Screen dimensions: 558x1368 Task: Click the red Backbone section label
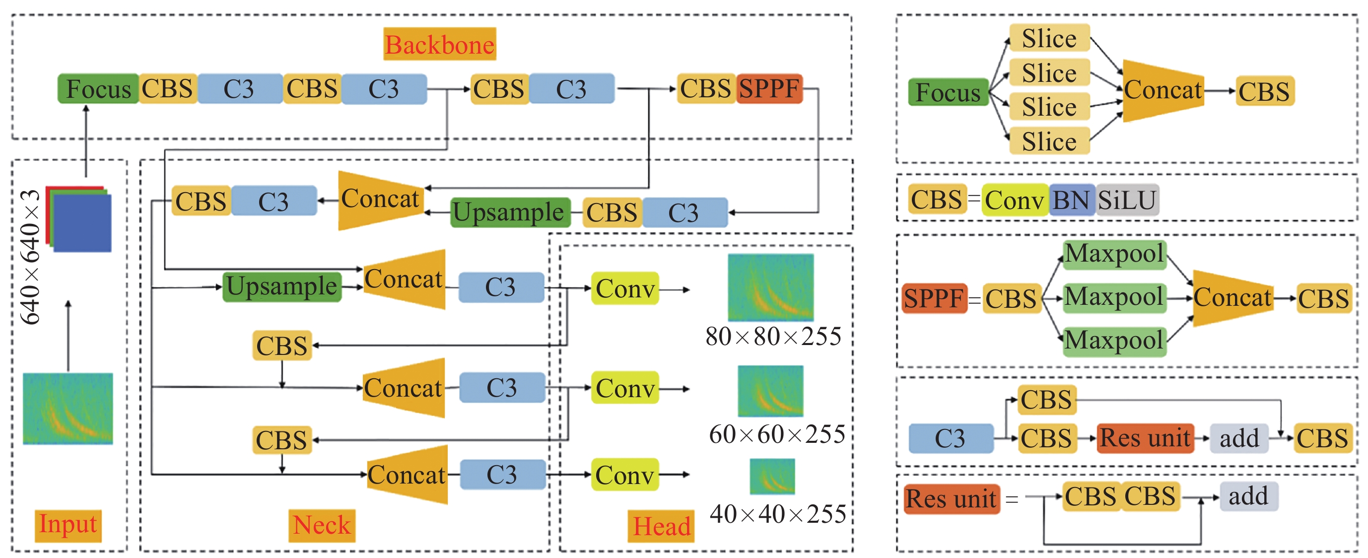pyautogui.click(x=440, y=44)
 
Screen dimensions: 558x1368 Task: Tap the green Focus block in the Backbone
pyautogui.click(x=98, y=89)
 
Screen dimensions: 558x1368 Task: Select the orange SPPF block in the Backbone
pyautogui.click(x=769, y=89)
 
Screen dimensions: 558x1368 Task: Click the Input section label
pyautogui.click(x=68, y=525)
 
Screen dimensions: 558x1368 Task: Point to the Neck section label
pyautogui.click(x=322, y=526)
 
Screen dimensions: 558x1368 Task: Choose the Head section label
pyautogui.click(x=661, y=526)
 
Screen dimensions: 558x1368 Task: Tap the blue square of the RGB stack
pyautogui.click(x=83, y=223)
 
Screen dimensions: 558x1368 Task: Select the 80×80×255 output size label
pyautogui.click(x=773, y=337)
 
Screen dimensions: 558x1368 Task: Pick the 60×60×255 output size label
pyautogui.click(x=776, y=435)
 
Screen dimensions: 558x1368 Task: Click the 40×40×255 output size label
pyautogui.click(x=777, y=514)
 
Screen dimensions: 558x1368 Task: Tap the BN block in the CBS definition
pyautogui.click(x=1072, y=200)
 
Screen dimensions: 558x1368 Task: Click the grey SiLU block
pyautogui.click(x=1127, y=200)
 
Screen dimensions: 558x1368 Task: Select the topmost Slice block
pyautogui.click(x=1049, y=38)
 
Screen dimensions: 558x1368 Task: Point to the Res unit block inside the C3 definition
pyautogui.click(x=1145, y=438)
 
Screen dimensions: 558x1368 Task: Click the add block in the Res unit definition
pyautogui.click(x=1248, y=496)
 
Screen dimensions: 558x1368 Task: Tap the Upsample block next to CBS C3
pyautogui.click(x=510, y=212)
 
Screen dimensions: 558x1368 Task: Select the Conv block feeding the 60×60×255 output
pyautogui.click(x=624, y=388)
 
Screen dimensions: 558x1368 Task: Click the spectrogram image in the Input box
pyautogui.click(x=68, y=408)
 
